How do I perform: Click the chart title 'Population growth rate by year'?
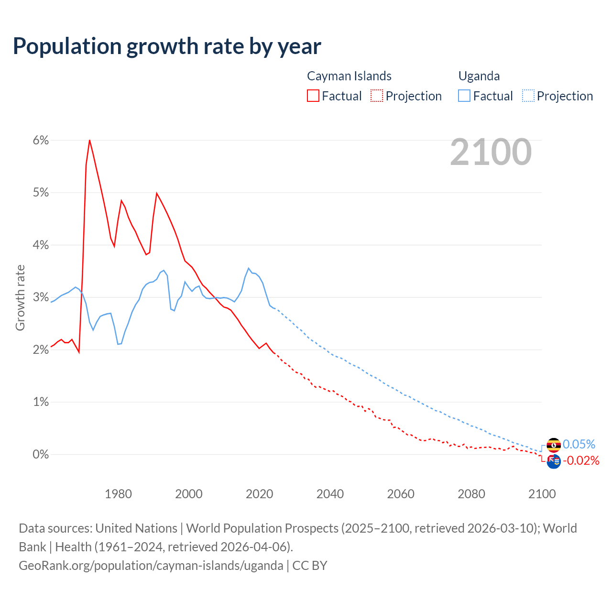click(x=167, y=46)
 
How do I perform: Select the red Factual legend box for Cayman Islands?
click(x=313, y=96)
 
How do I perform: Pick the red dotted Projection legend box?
click(x=377, y=96)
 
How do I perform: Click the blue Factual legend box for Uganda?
click(x=464, y=96)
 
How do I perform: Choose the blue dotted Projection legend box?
click(x=528, y=96)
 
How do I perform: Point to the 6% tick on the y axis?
click(x=41, y=140)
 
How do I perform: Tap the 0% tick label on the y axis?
click(x=41, y=454)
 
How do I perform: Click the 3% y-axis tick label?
click(x=41, y=297)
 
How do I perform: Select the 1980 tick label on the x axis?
click(x=118, y=494)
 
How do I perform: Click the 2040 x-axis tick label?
click(x=330, y=494)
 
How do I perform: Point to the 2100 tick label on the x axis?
click(x=542, y=494)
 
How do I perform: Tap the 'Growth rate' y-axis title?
click(x=20, y=297)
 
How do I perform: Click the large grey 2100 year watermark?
click(x=491, y=152)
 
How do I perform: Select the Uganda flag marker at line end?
click(x=554, y=445)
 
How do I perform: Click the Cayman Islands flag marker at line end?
click(x=554, y=462)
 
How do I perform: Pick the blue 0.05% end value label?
click(x=579, y=444)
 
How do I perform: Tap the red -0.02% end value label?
click(x=581, y=460)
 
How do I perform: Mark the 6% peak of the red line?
click(x=89, y=140)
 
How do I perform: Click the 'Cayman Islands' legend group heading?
click(x=349, y=76)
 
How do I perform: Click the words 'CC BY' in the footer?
click(x=310, y=565)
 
